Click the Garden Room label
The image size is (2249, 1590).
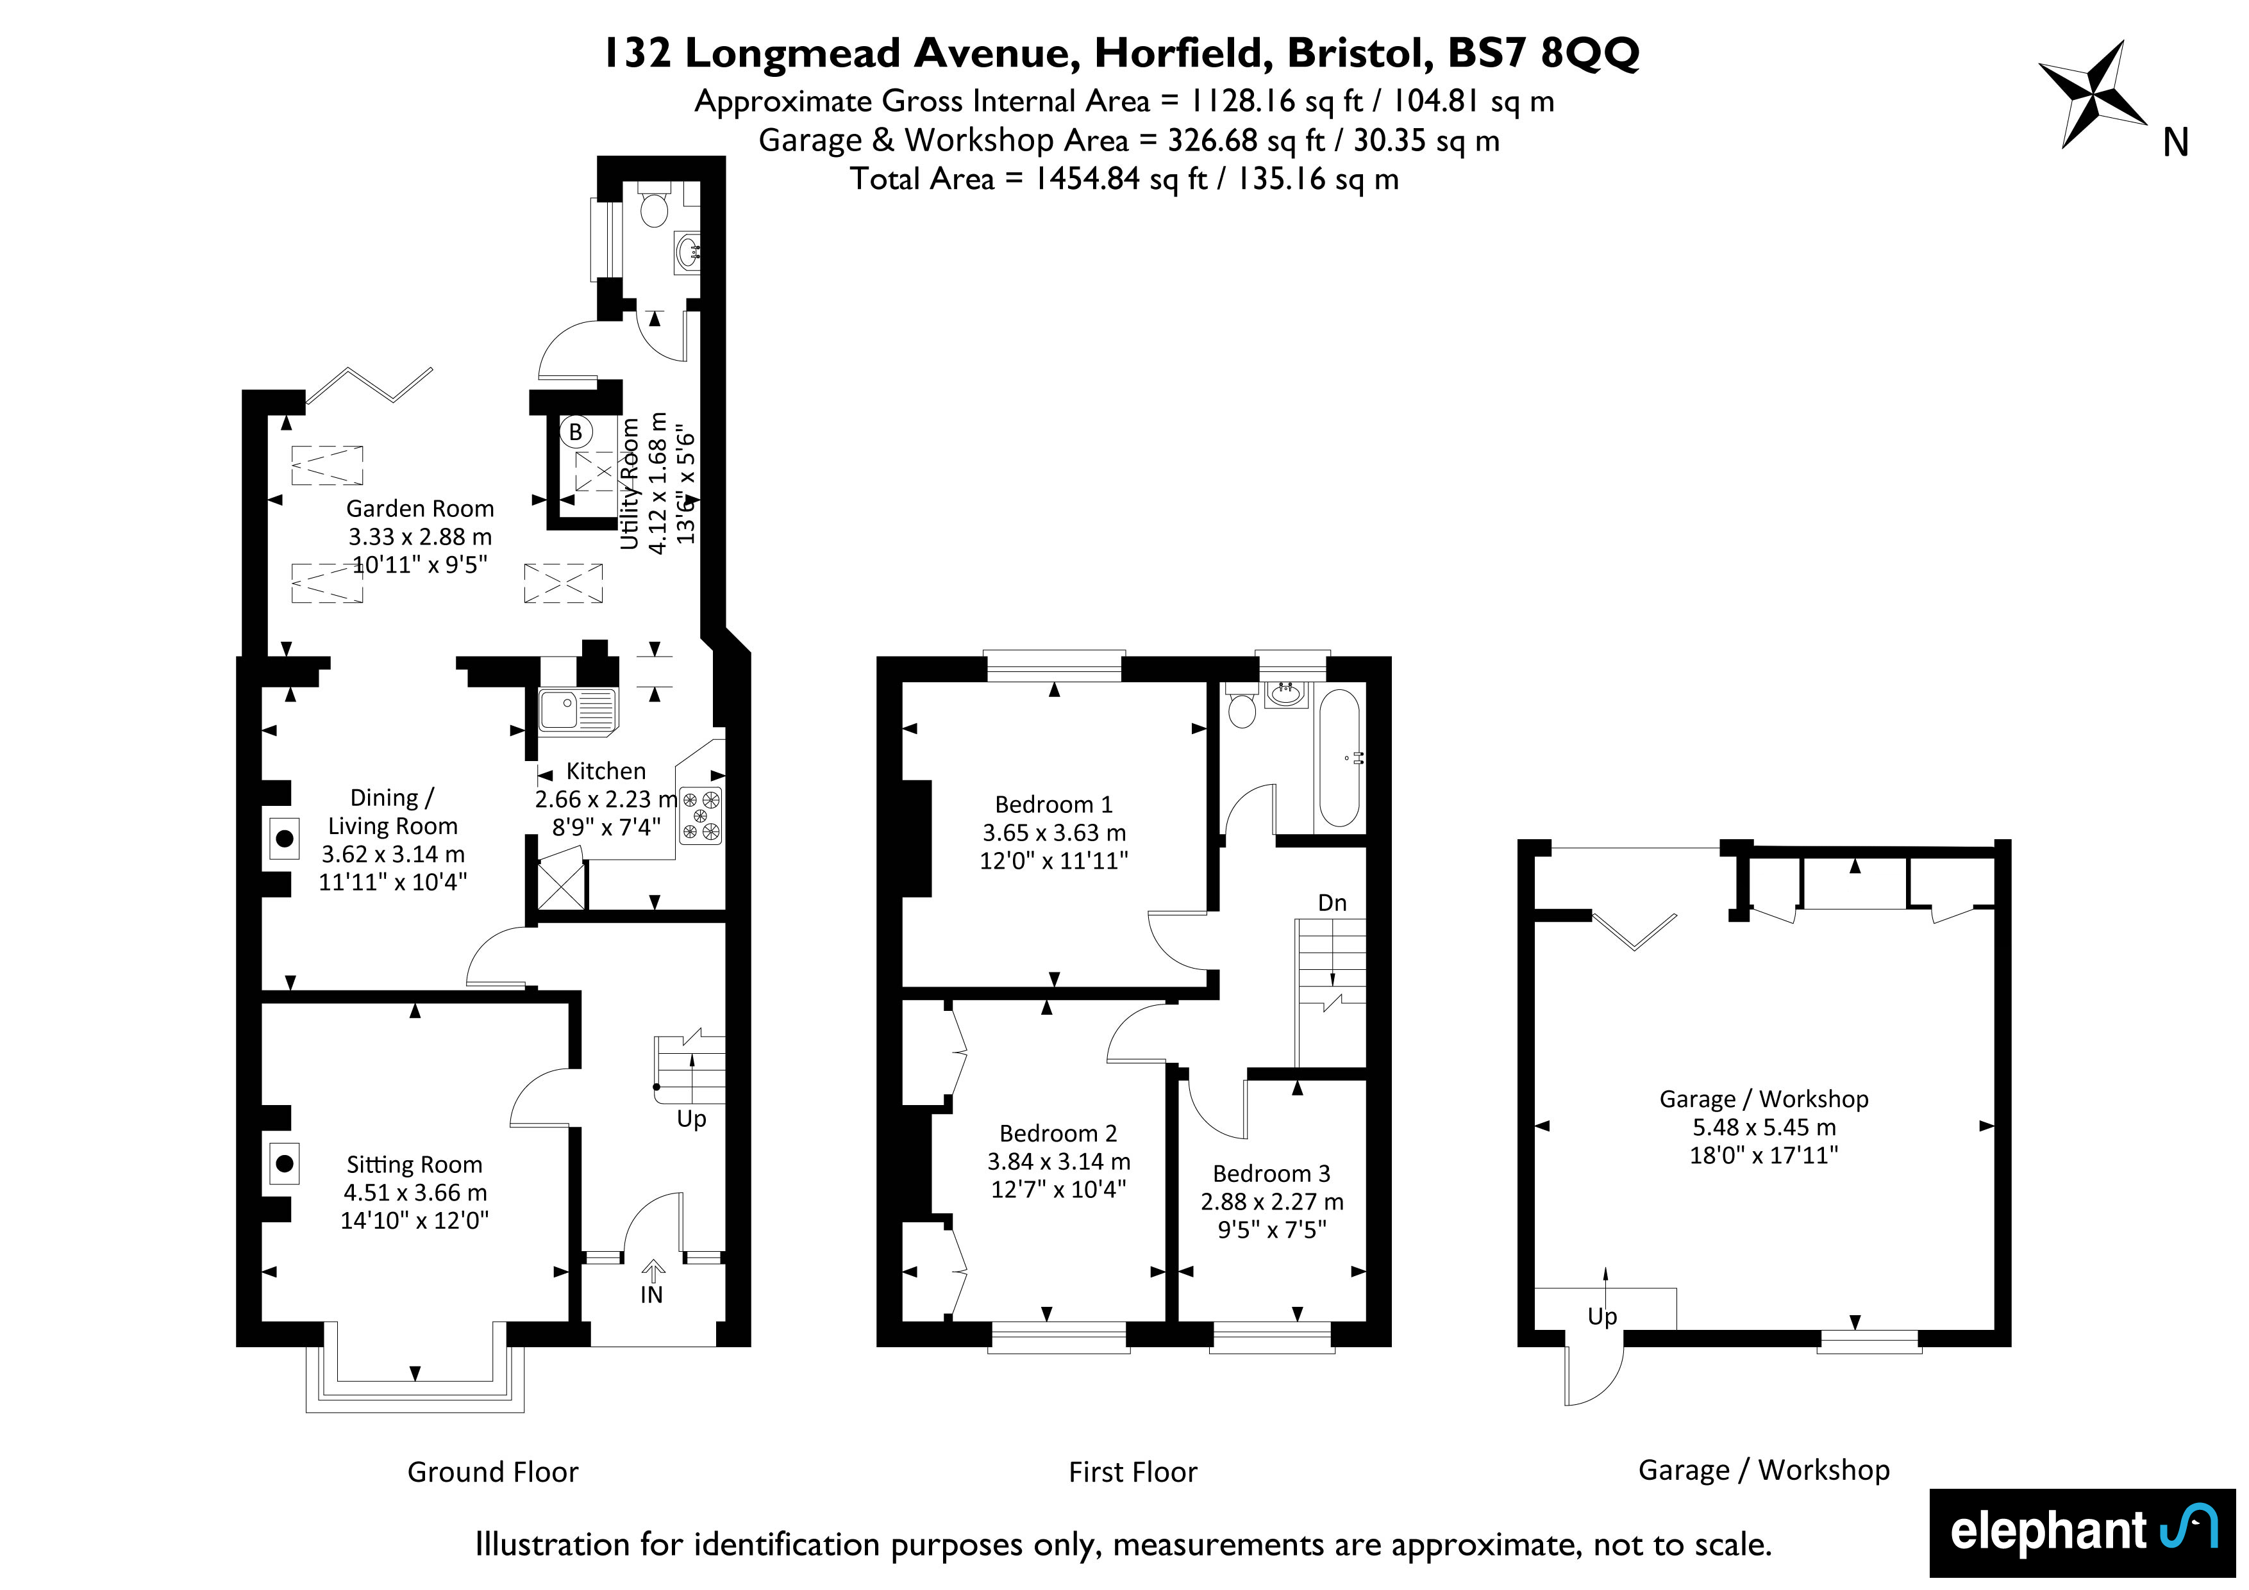[x=419, y=509]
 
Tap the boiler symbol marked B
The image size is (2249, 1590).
[x=575, y=432]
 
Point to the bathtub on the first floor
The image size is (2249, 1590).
[x=1339, y=758]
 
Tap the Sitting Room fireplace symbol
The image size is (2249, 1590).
[x=284, y=1164]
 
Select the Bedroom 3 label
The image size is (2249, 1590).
[x=1271, y=1174]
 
